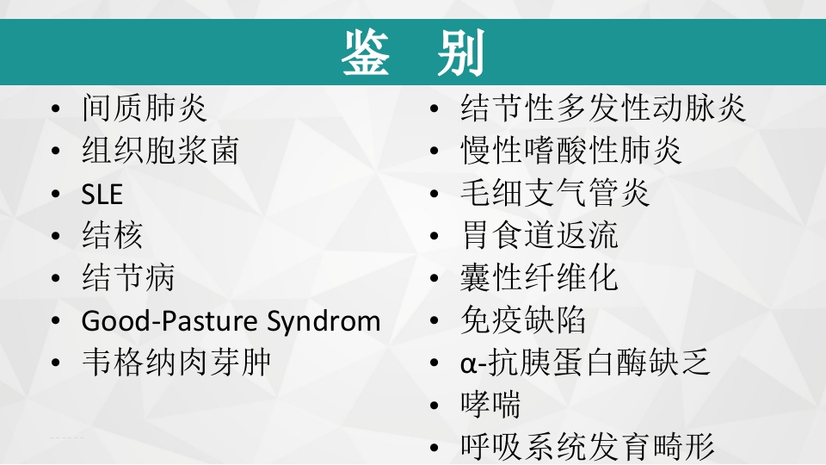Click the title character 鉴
pyautogui.click(x=366, y=53)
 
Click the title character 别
pyautogui.click(x=460, y=53)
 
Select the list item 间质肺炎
pyautogui.click(x=145, y=108)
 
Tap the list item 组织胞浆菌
pyautogui.click(x=160, y=151)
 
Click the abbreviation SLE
pyautogui.click(x=102, y=195)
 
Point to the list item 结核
pyautogui.click(x=113, y=235)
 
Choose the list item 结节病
pyautogui.click(x=128, y=277)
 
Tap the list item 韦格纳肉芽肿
pyautogui.click(x=176, y=362)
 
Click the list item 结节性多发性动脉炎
pyautogui.click(x=603, y=108)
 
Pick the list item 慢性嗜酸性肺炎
pyautogui.click(x=571, y=151)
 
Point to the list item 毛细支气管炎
pyautogui.click(x=555, y=193)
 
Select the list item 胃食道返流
pyautogui.click(x=539, y=235)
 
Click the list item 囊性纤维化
pyautogui.click(x=539, y=277)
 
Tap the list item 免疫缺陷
pyautogui.click(x=523, y=320)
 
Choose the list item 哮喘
pyautogui.click(x=490, y=405)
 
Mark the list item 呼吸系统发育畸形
pyautogui.click(x=588, y=447)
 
